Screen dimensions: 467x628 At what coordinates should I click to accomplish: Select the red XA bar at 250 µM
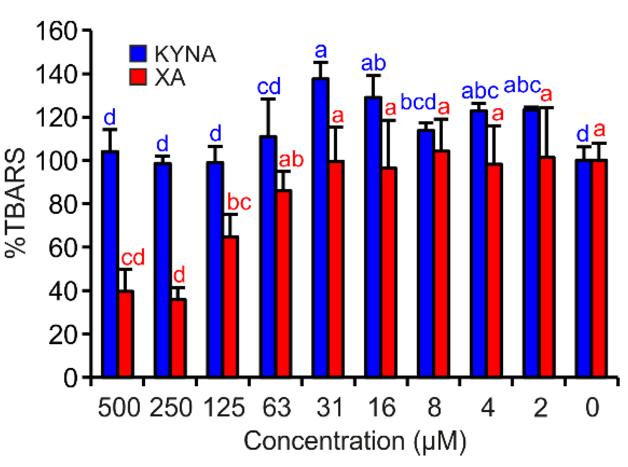click(x=179, y=338)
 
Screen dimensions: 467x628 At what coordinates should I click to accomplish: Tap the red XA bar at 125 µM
click(x=231, y=306)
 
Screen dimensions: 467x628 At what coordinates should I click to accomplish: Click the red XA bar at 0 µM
click(x=599, y=268)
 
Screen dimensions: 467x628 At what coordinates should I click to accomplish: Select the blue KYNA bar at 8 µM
click(x=426, y=253)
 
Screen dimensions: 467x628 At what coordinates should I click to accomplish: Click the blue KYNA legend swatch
click(x=138, y=53)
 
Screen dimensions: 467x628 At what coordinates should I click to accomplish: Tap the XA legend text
click(x=170, y=78)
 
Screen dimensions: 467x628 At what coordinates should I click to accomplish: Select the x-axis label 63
click(x=276, y=407)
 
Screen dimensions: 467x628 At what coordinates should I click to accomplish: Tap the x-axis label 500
click(x=119, y=407)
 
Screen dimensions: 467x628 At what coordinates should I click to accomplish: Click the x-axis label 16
click(x=381, y=407)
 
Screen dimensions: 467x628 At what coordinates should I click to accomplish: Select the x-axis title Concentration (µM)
click(x=355, y=441)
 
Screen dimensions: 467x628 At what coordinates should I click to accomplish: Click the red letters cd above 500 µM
click(x=133, y=258)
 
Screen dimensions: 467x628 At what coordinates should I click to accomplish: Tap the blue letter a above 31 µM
click(x=321, y=51)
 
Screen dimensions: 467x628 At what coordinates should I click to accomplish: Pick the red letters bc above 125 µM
click(x=239, y=203)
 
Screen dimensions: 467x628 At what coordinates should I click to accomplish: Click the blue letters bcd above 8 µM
click(x=418, y=102)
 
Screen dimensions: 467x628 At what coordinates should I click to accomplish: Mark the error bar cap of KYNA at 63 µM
click(x=268, y=99)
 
